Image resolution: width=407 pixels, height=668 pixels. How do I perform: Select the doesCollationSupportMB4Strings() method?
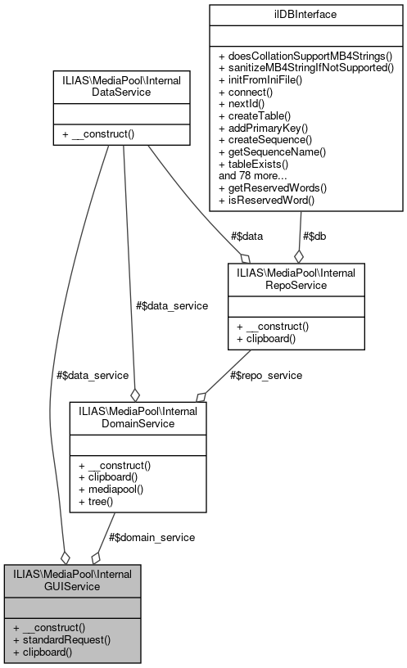(x=305, y=56)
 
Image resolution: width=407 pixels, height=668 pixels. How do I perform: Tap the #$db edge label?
(x=318, y=235)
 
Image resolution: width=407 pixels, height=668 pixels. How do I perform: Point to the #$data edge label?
(x=247, y=235)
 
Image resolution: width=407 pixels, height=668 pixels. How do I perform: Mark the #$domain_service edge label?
(x=151, y=537)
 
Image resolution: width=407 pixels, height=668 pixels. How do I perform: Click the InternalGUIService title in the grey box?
(x=73, y=579)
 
